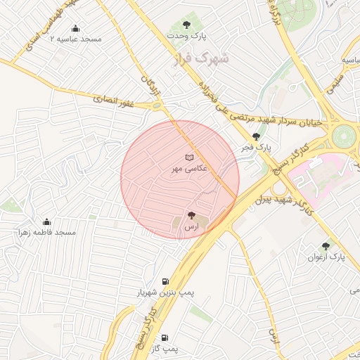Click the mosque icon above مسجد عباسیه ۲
(x=76, y=29)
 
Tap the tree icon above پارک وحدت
(x=187, y=25)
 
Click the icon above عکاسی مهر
(x=188, y=157)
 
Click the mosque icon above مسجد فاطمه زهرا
(x=47, y=222)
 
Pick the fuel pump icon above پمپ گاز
(x=165, y=337)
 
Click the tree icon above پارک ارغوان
(x=325, y=247)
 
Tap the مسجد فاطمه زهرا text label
(x=47, y=232)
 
